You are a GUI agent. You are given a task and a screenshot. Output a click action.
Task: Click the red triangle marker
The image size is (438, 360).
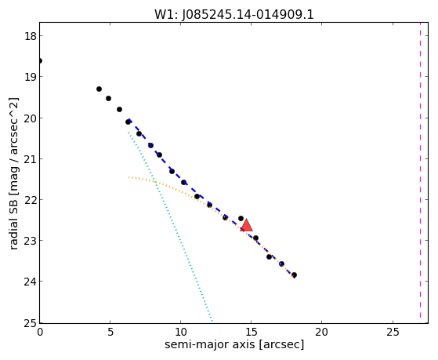click(246, 226)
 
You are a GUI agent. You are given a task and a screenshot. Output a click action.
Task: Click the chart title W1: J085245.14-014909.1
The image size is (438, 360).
click(234, 15)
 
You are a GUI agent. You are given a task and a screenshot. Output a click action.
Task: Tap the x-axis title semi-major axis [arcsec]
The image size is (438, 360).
click(234, 344)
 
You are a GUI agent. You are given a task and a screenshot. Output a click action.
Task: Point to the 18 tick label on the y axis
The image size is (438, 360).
click(30, 36)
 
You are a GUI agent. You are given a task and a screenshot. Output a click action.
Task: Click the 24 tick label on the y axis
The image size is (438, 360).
click(30, 282)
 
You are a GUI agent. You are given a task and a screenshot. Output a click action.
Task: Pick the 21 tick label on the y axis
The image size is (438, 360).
click(30, 159)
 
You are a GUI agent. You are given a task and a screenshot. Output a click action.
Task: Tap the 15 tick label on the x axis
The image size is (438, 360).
click(251, 333)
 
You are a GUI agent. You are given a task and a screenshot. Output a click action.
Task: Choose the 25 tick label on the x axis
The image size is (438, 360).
click(393, 333)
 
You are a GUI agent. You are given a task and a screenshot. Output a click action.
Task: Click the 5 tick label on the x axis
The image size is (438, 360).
click(110, 333)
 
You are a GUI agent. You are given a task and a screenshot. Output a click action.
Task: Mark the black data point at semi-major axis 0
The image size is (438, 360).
click(40, 60)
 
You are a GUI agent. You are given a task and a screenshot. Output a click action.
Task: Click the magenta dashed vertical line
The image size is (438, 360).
click(420, 170)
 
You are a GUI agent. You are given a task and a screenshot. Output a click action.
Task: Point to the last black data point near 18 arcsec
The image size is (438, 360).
click(294, 275)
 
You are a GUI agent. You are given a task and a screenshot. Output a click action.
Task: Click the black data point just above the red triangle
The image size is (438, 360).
click(241, 218)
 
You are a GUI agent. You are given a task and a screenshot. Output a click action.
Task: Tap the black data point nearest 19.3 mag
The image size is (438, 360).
click(99, 89)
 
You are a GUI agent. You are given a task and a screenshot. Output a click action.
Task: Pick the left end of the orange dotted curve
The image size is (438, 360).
click(129, 177)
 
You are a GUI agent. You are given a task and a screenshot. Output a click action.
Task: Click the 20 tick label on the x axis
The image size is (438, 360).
click(321, 333)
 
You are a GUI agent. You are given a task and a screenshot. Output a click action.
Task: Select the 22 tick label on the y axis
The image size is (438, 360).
click(30, 200)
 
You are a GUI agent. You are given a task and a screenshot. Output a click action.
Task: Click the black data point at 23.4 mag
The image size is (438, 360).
click(269, 256)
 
